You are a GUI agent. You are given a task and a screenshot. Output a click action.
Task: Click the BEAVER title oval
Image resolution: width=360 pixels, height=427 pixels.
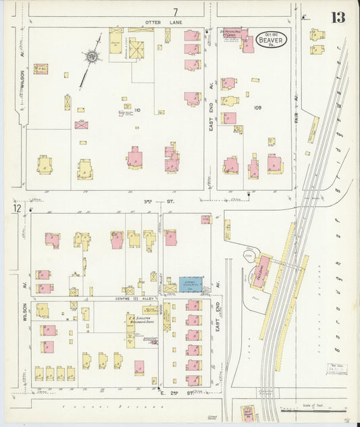pos(272,41)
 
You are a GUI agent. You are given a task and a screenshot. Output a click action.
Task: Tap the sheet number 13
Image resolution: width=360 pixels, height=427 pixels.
pos(337,17)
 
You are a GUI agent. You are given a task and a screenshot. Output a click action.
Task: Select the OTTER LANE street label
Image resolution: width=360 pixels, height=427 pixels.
pos(163,23)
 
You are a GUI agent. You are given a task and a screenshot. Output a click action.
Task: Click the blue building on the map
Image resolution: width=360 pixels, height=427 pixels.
pos(191,284)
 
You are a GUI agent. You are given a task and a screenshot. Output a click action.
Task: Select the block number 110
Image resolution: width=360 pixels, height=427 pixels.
pos(137,109)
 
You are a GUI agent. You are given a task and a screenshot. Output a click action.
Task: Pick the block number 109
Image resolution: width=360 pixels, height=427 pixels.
pos(257,107)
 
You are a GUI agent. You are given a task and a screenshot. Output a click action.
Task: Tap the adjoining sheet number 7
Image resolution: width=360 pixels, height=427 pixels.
pos(176,11)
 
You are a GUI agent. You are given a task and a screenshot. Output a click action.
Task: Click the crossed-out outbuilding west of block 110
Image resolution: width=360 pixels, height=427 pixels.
pos(81,125)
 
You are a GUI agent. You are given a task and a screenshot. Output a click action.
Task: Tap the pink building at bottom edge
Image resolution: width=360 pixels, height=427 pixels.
pos(247,411)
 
